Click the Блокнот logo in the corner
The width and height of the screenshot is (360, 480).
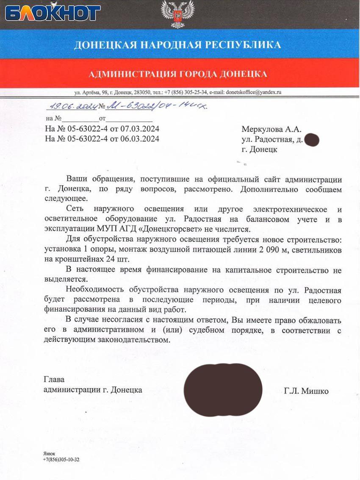tap(53, 13)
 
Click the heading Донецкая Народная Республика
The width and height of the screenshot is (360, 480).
tap(177, 45)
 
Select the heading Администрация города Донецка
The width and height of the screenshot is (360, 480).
tap(178, 74)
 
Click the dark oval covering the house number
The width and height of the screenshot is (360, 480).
tap(311, 139)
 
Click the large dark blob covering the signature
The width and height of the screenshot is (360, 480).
tap(223, 389)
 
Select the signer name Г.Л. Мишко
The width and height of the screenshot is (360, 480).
tap(306, 391)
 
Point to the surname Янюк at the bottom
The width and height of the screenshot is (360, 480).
tap(49, 453)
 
